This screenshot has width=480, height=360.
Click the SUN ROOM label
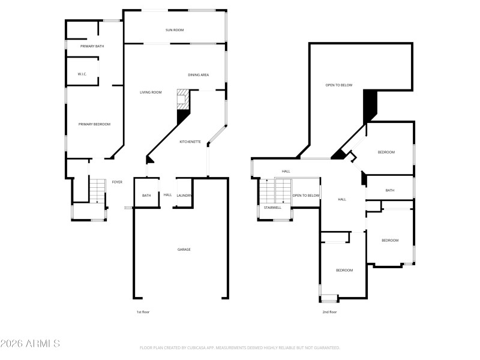pyautogui.click(x=175, y=29)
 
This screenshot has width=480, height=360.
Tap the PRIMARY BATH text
pyautogui.click(x=92, y=46)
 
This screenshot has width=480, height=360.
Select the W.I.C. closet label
pyautogui.click(x=82, y=74)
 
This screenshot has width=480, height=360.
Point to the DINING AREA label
pyautogui.click(x=198, y=75)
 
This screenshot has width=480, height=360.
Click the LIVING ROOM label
pyautogui.click(x=151, y=92)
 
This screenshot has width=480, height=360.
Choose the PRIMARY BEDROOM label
pyautogui.click(x=94, y=124)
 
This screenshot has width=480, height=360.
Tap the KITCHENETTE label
pyautogui.click(x=190, y=142)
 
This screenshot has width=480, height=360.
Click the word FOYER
pyautogui.click(x=117, y=182)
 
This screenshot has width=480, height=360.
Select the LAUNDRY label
pyautogui.click(x=184, y=195)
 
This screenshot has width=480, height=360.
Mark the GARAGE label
pyautogui.click(x=184, y=250)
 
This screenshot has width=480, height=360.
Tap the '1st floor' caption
pyautogui.click(x=143, y=312)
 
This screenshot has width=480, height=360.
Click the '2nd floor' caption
pyautogui.click(x=329, y=312)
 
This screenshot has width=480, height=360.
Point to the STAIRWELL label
pyautogui.click(x=272, y=208)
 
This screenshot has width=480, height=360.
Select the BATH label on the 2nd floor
pyautogui.click(x=389, y=191)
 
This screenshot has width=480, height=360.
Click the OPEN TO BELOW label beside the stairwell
pyautogui.click(x=306, y=196)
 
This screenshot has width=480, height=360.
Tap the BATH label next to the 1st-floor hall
pyautogui.click(x=146, y=196)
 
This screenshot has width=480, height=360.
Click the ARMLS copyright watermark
pyautogui.click(x=30, y=344)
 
